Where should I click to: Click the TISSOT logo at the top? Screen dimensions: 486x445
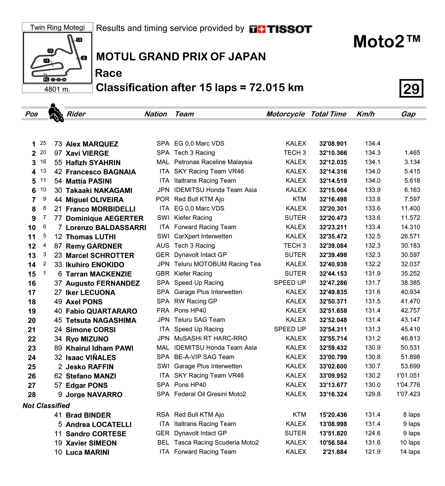point(281,29)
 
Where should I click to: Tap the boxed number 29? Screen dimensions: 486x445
point(411,88)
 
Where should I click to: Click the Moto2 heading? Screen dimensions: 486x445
point(387,42)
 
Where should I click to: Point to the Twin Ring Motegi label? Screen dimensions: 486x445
point(57,27)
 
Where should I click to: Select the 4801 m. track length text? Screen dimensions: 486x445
point(57,89)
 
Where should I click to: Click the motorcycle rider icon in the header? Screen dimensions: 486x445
point(56,113)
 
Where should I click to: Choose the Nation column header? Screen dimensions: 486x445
point(156,114)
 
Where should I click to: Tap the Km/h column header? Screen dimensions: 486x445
point(365,114)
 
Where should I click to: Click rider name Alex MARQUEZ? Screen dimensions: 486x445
point(92,144)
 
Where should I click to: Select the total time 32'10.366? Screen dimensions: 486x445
point(333,153)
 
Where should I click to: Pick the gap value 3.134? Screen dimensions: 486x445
point(412,162)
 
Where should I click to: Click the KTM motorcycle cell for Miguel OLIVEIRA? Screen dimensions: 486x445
point(299,199)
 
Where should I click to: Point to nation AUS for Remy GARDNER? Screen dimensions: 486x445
point(163,246)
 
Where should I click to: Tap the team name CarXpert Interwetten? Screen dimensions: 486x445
point(203,236)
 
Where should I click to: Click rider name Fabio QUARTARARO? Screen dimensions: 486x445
point(102,311)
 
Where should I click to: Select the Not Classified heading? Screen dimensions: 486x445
point(46,406)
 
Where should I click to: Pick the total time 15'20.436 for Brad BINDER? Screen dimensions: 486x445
point(333,415)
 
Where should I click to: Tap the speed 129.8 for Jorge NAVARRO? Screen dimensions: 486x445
point(373,394)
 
